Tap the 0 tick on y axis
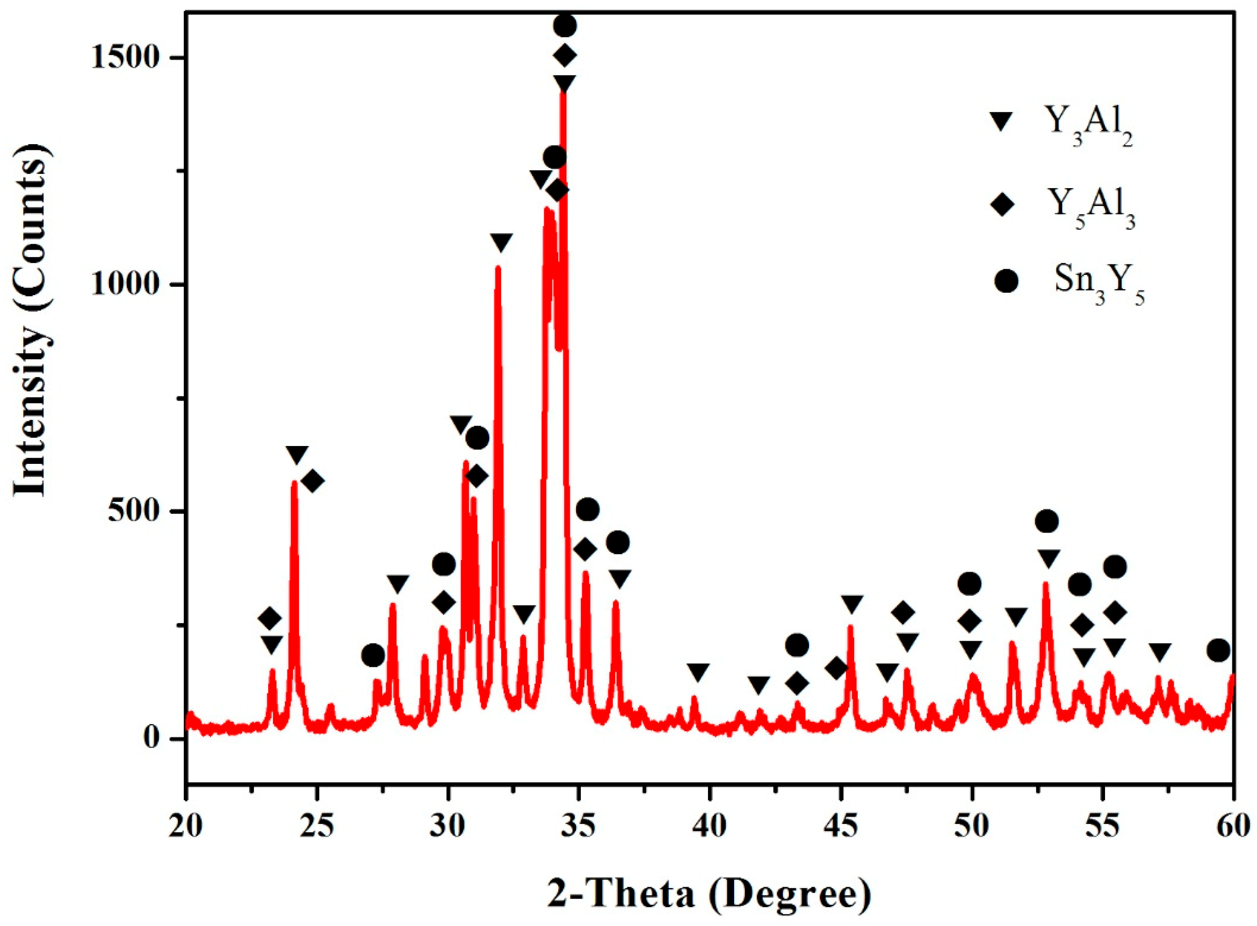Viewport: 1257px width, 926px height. (x=160, y=739)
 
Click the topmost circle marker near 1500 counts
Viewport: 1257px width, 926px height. (x=565, y=25)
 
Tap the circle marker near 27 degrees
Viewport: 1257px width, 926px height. (x=373, y=655)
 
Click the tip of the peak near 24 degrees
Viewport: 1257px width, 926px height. (x=294, y=482)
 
